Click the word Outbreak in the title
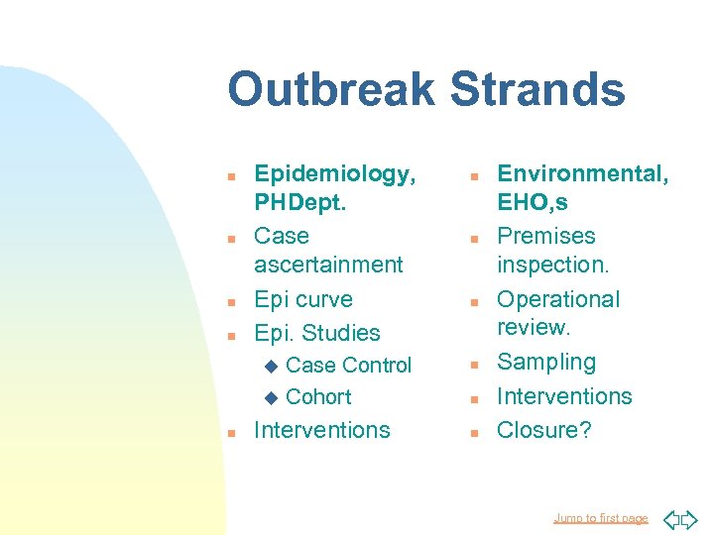coord(332,90)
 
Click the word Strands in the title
coord(537,90)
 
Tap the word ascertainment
coord(328,265)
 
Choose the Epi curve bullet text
coord(303,299)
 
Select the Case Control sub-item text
coord(347,366)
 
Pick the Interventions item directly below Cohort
coord(322,430)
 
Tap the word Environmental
coord(582,174)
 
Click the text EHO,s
coord(533,204)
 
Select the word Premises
coord(545,236)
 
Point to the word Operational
coord(557,299)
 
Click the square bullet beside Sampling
coord(474,365)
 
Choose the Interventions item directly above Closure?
coord(563,396)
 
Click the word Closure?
coord(543,430)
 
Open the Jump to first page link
coord(600,518)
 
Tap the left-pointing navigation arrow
coord(669,518)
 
